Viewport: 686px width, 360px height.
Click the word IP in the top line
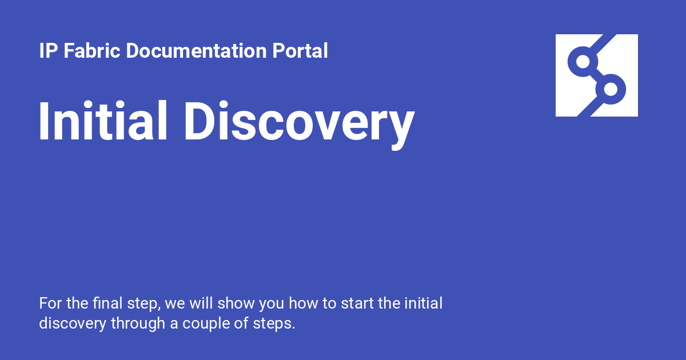(49, 51)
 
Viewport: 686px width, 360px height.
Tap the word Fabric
(91, 50)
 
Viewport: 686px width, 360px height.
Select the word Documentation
(196, 50)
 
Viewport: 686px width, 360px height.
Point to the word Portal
(300, 50)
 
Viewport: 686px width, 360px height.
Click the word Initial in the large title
(103, 121)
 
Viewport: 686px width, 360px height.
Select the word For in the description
(50, 303)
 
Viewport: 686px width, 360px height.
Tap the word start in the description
(357, 303)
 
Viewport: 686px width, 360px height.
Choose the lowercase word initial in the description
(424, 303)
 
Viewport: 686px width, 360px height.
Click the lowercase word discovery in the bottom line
(73, 323)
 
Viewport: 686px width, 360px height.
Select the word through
(138, 323)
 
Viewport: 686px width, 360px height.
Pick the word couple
(206, 323)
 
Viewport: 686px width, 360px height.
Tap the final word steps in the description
(274, 324)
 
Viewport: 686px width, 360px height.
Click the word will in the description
(201, 303)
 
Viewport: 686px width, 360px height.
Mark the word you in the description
(272, 305)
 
